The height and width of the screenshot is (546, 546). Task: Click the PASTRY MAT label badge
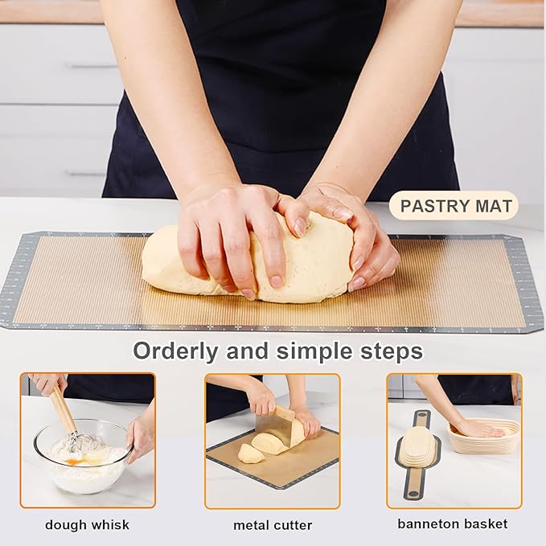point(455,206)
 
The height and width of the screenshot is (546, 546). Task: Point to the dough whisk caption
point(87,524)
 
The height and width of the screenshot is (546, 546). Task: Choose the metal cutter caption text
point(273,525)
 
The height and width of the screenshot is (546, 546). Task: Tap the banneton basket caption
point(453,523)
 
